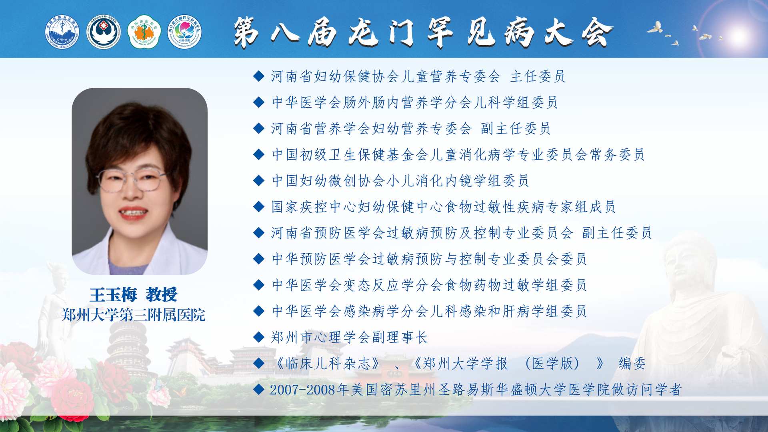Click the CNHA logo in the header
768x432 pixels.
(x=62, y=32)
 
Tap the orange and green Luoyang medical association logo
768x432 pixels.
(x=144, y=32)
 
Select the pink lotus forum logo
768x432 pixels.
(x=184, y=32)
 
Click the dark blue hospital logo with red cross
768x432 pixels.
(x=104, y=32)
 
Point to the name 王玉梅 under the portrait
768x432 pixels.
(x=113, y=295)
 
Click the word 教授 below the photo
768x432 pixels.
(x=162, y=295)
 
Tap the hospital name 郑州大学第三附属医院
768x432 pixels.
(x=134, y=315)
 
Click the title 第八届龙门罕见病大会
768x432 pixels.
(x=423, y=32)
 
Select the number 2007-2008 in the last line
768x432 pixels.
(x=303, y=390)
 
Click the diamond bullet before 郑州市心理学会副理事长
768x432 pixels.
(x=259, y=337)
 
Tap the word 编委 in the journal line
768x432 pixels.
(x=632, y=363)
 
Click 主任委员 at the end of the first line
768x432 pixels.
(x=538, y=76)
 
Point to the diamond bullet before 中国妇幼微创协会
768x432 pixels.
(x=259, y=180)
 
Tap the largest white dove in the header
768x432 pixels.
(x=655, y=28)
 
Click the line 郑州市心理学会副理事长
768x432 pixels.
(x=350, y=337)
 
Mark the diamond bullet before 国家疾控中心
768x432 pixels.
(x=259, y=206)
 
